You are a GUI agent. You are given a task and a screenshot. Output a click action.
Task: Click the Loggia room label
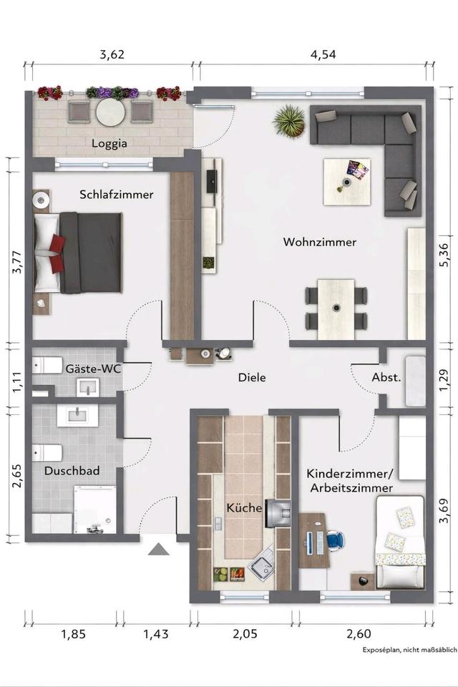109,143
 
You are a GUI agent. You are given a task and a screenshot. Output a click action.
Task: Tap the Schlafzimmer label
117,194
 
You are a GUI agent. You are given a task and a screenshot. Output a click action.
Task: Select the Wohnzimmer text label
319,243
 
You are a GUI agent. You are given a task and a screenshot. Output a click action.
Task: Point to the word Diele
252,377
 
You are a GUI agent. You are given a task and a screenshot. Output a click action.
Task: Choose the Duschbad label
72,471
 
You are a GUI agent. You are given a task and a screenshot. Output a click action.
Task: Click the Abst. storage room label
386,377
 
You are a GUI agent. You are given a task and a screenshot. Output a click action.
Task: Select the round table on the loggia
110,112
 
